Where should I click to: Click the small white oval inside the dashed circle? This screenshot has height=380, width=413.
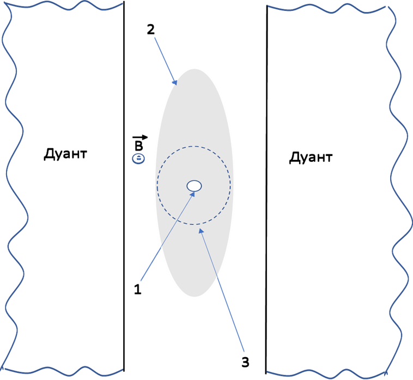[x=194, y=186]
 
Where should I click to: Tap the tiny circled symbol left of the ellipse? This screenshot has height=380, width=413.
[x=138, y=159]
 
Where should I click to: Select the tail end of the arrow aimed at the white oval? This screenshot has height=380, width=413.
[x=141, y=281]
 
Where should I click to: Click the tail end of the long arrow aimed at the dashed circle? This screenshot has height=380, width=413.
[x=244, y=352]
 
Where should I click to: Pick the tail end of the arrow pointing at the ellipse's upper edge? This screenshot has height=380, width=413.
[x=155, y=37]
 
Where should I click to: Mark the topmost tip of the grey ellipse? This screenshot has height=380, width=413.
[x=195, y=68]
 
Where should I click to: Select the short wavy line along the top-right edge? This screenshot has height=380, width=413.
[x=327, y=7]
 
